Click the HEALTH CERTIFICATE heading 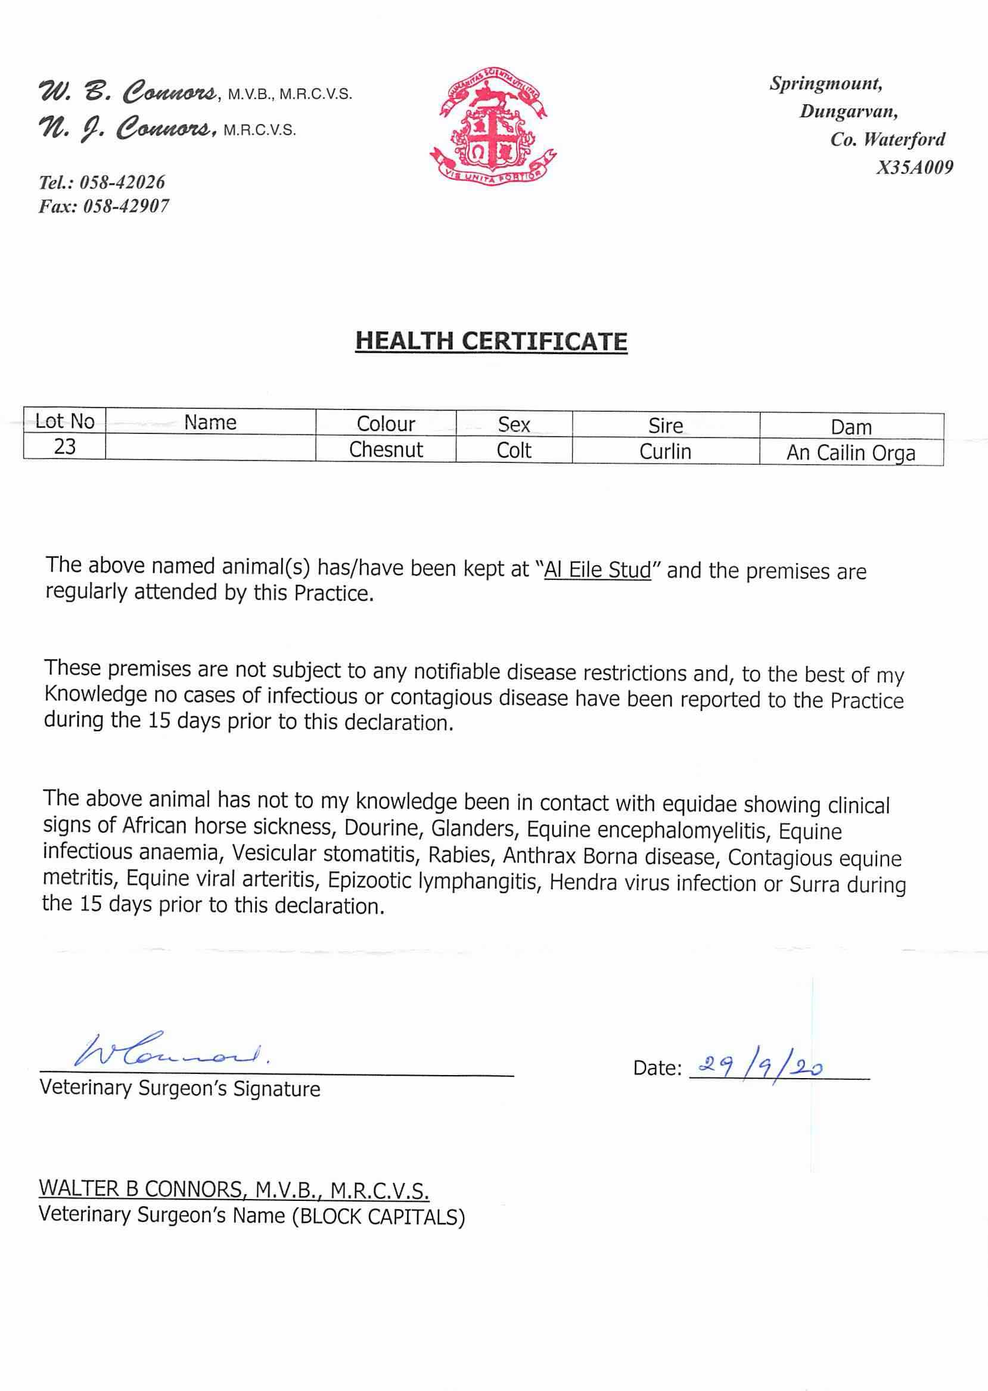pos(491,341)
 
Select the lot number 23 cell pos(64,447)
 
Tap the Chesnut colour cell pos(386,450)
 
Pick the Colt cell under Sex pos(514,451)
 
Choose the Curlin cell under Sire pos(666,452)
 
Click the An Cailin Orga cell pos(850,454)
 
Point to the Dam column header pos(851,427)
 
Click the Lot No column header pos(64,421)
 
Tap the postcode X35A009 pos(914,168)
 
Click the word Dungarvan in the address pos(849,111)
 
